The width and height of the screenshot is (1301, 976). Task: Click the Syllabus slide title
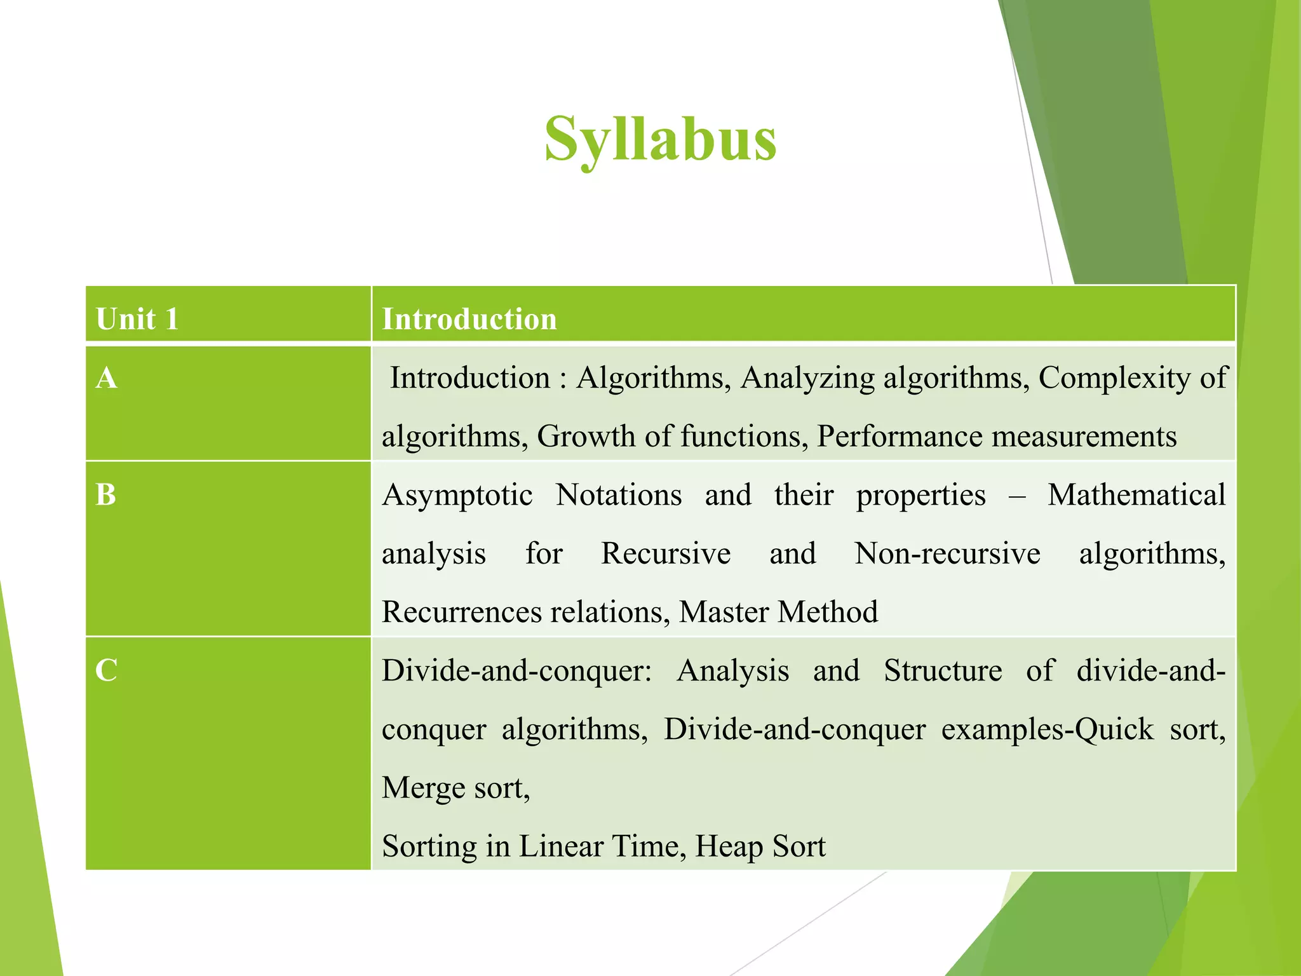tap(660, 140)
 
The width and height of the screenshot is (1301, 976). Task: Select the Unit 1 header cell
tap(137, 318)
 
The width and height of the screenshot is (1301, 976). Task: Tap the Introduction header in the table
tap(469, 318)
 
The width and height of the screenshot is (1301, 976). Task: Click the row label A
tap(107, 378)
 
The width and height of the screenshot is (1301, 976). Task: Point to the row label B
tap(106, 495)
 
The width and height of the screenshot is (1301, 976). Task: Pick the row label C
tap(106, 670)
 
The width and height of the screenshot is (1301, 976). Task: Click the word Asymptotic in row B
tap(457, 496)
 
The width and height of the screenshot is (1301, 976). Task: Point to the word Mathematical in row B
tap(1136, 494)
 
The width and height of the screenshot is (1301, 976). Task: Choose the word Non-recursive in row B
tap(947, 553)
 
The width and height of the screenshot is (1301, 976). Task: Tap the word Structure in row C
tap(943, 671)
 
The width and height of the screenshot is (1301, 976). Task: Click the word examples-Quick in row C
tap(1047, 729)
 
